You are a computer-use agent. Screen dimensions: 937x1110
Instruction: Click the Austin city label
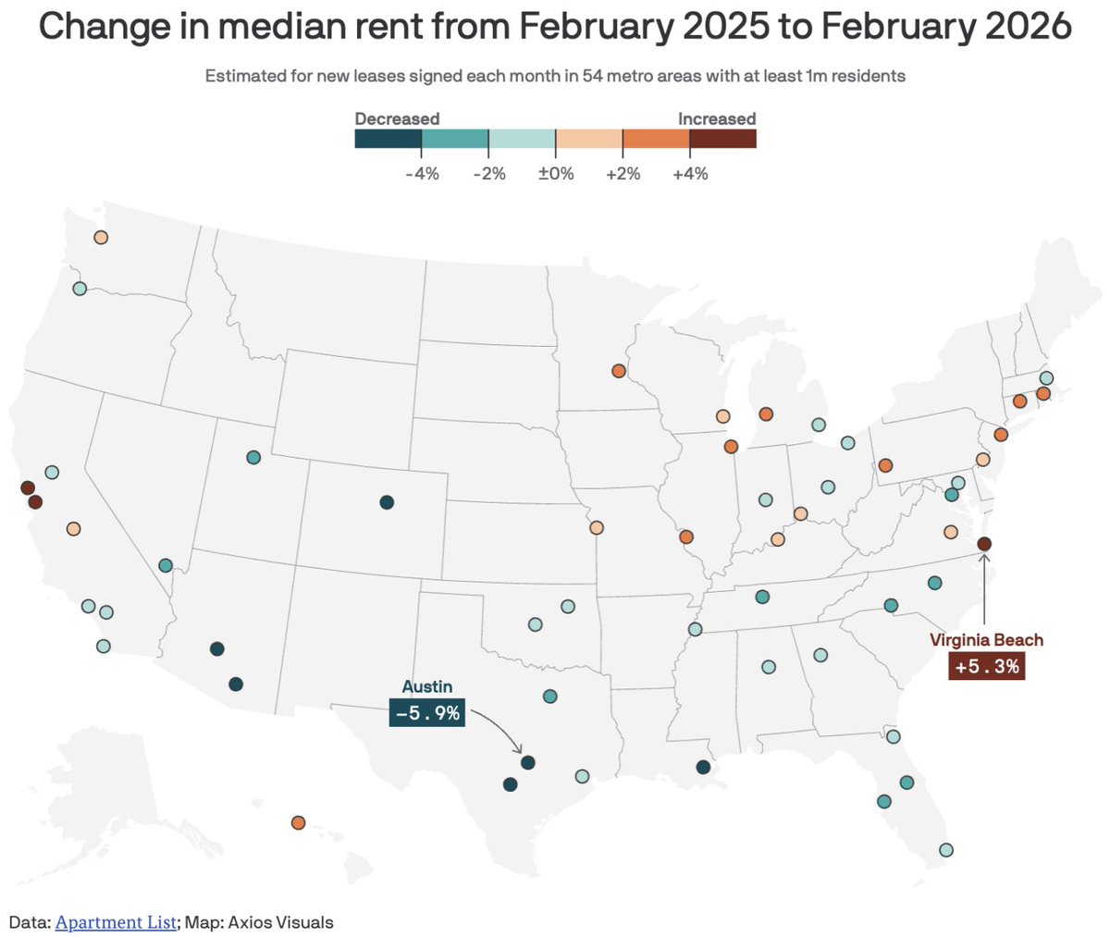426,686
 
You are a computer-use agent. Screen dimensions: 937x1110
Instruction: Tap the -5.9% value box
426,714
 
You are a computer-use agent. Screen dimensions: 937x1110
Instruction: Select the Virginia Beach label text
986,640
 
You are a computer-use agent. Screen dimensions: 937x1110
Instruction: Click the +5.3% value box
986,666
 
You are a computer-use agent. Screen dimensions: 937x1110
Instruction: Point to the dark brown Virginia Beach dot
984,544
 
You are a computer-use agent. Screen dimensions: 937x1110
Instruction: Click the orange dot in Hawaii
298,822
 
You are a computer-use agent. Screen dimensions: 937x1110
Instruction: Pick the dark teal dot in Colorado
387,502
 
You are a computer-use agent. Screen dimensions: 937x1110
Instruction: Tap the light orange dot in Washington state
101,238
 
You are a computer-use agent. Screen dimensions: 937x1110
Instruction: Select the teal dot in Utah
253,457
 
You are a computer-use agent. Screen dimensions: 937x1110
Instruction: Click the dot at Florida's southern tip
945,849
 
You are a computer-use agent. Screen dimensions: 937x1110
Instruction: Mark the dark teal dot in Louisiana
703,767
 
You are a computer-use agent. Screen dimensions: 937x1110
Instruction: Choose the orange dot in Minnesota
618,371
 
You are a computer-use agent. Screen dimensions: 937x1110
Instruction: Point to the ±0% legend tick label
556,173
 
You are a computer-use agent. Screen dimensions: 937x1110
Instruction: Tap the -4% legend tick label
422,173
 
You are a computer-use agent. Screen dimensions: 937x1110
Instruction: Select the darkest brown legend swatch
722,139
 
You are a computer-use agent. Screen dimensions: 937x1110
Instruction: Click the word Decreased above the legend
397,118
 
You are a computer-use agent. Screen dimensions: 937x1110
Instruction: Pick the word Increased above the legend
717,118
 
